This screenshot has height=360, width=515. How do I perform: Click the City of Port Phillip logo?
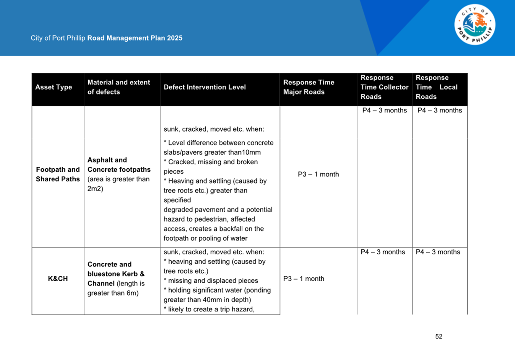point(474,25)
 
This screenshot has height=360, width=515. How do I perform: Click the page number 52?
point(439,337)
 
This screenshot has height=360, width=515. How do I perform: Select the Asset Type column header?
point(54,87)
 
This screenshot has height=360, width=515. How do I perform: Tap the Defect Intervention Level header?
point(205,87)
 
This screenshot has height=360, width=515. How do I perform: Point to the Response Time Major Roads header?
point(309,87)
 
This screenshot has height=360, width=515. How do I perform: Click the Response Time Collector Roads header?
point(384,87)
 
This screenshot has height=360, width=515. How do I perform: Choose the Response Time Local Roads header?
point(436,87)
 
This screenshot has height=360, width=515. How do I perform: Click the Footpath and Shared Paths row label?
point(58,174)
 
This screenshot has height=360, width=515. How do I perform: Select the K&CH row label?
point(58,279)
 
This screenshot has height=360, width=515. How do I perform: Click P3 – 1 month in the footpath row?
point(318,174)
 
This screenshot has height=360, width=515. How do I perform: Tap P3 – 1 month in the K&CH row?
point(304,279)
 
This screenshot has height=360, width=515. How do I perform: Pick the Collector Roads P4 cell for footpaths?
point(384,111)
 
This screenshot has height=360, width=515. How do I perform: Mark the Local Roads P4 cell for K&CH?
point(438,252)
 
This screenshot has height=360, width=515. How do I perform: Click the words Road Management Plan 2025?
point(135,38)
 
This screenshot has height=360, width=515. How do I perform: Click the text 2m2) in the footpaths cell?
point(95,189)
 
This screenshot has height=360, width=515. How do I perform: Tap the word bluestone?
point(107,274)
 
